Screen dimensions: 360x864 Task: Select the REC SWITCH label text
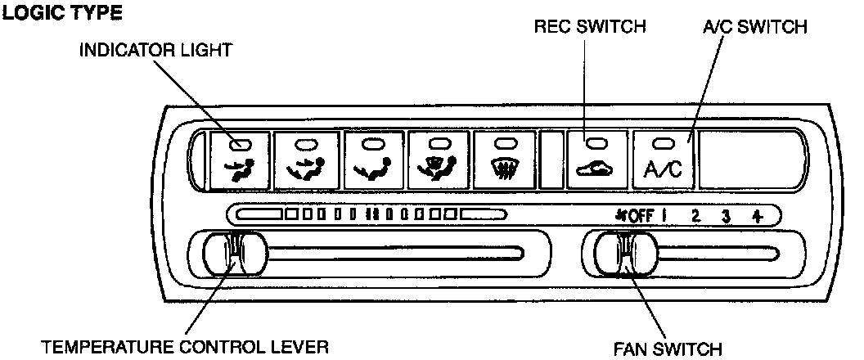click(x=590, y=27)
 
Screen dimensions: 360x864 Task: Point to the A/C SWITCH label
click(x=754, y=27)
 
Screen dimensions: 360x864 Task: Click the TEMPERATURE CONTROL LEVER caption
click(x=186, y=347)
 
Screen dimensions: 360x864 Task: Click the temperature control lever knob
click(x=236, y=255)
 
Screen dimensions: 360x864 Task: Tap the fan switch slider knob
click(x=627, y=255)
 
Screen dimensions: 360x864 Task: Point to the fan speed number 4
click(x=758, y=217)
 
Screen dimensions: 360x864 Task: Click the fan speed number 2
click(x=695, y=217)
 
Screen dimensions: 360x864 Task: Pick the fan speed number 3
click(x=726, y=217)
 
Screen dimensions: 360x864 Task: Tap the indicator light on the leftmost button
click(x=239, y=145)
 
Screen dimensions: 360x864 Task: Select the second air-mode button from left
click(x=305, y=160)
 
